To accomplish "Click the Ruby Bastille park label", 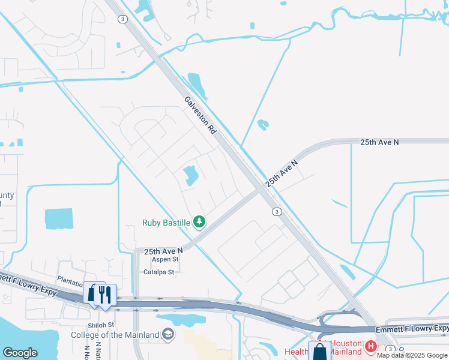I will pos(166,223).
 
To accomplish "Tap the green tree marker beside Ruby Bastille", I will pos(199,223).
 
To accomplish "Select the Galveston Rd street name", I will pos(200,115).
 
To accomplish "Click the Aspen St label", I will pos(165,259).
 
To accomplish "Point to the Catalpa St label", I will pos(158,272).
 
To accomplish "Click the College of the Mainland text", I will pos(115,335).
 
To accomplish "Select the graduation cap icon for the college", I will pos(169,335).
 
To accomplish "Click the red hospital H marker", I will pos(370,346).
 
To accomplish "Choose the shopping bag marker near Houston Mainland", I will pos(319,352).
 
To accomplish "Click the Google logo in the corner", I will pos(20,353).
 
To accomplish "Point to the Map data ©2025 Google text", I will pos(412,356).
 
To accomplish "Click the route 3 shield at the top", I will pos(122,19).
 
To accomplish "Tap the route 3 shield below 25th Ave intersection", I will pos(276,211).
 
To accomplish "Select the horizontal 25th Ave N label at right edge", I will pos(379,142).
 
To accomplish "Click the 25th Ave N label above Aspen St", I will pos(163,250).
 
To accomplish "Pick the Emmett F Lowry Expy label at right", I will pos(412,328).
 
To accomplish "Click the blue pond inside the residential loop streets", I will pos(191,175).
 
